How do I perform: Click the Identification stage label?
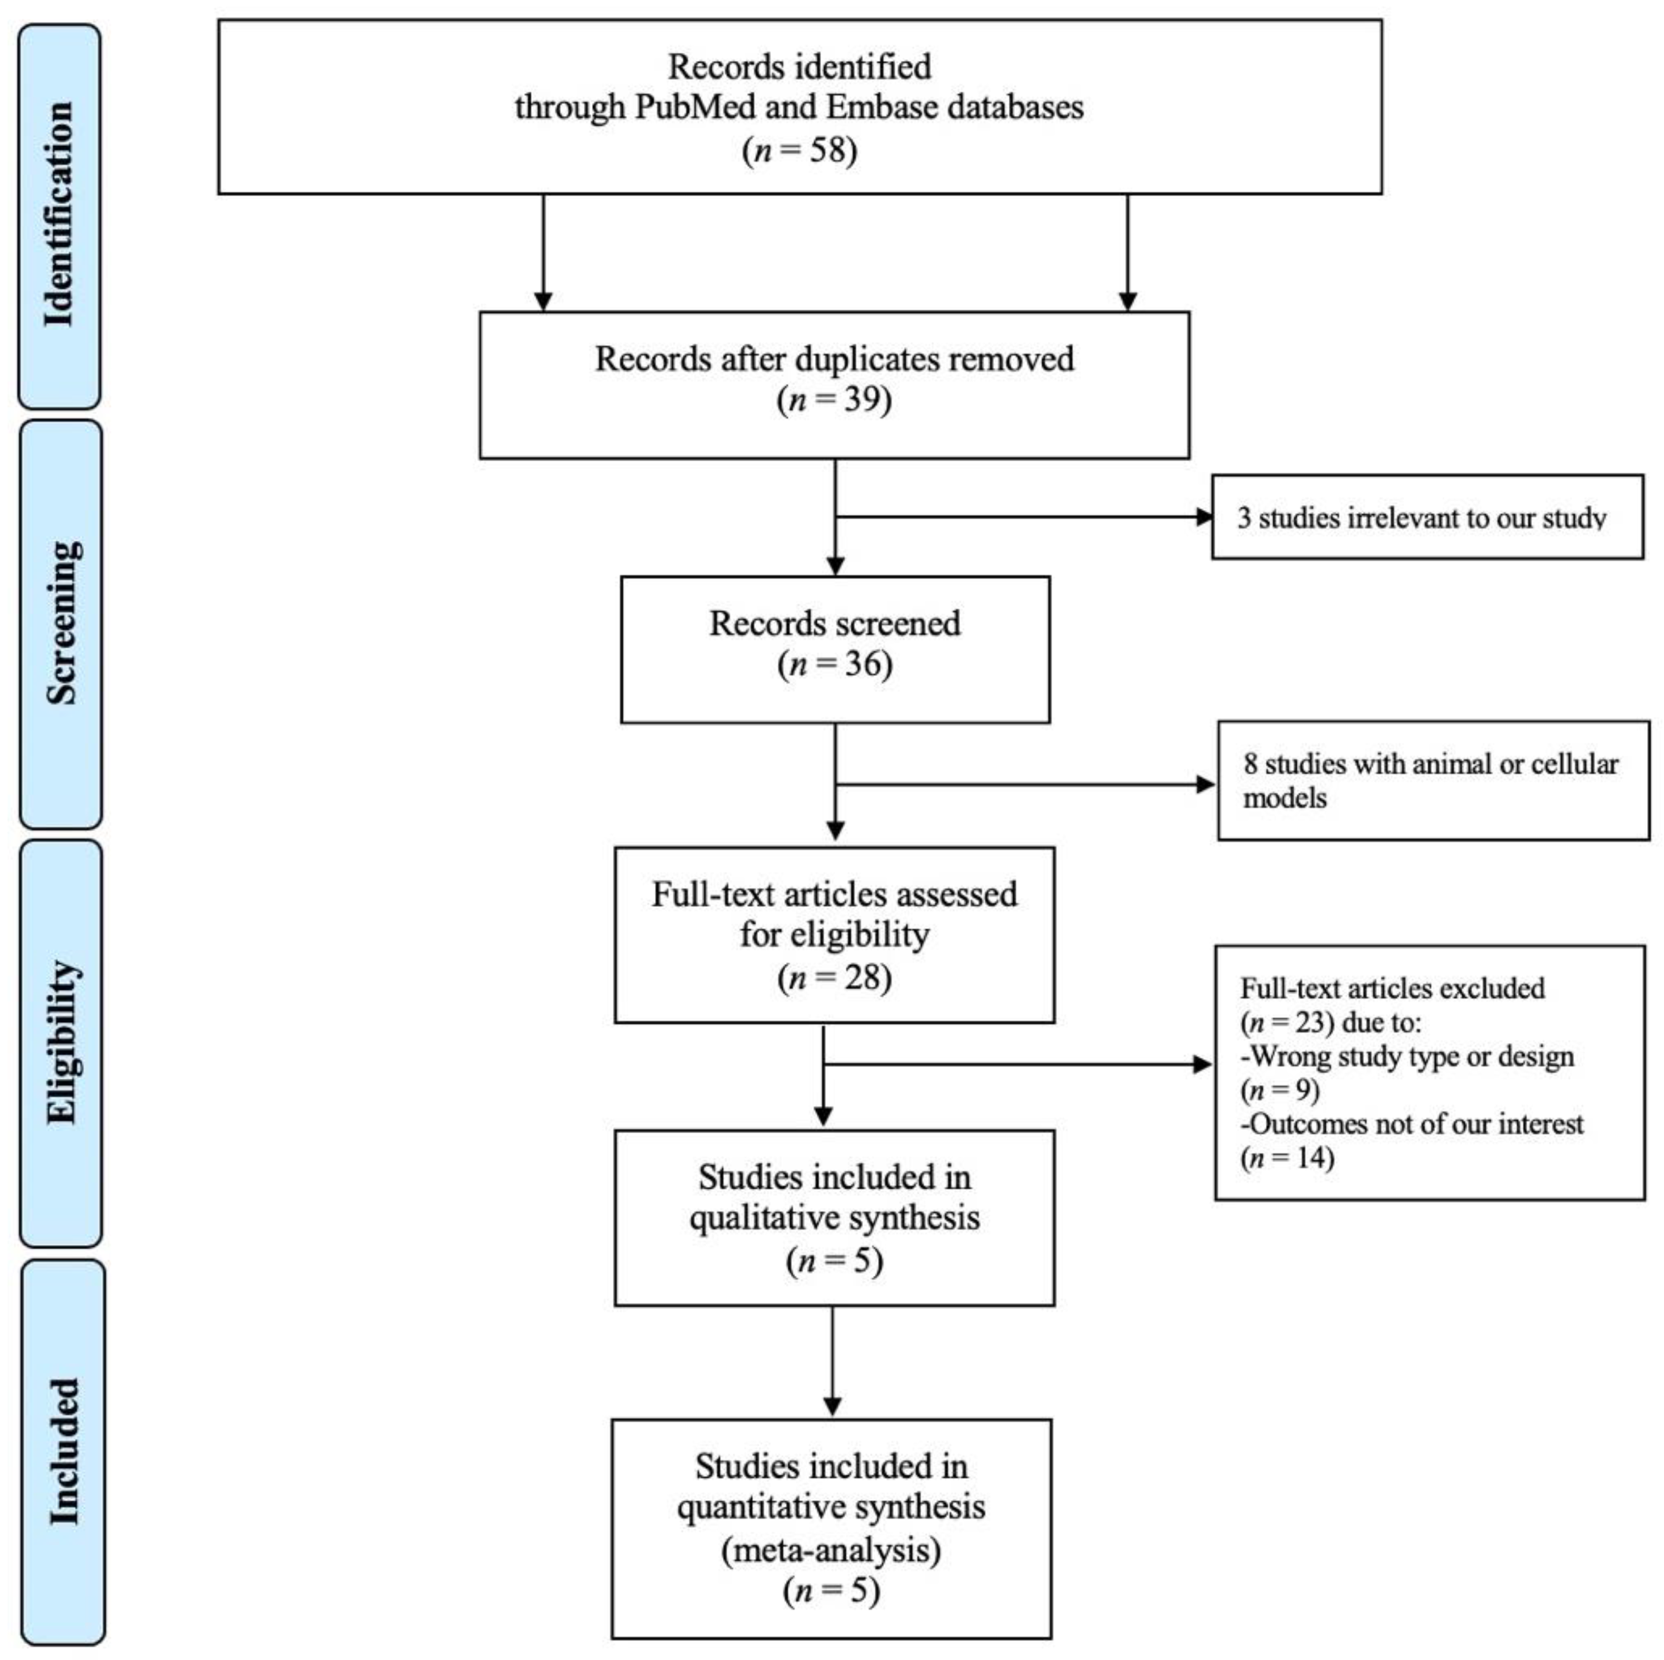[x=59, y=215]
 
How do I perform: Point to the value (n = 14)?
[x=1288, y=1157]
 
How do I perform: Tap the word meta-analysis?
[x=831, y=1550]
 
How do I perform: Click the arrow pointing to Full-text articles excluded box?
[x=1017, y=1065]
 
